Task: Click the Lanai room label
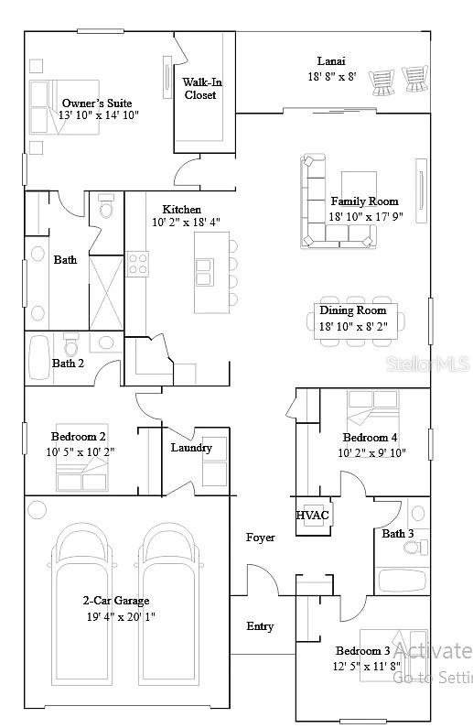(x=331, y=61)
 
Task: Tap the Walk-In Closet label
(x=202, y=88)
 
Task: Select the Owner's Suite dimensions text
(x=98, y=116)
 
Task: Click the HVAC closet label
(x=312, y=516)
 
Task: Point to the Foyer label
(x=261, y=538)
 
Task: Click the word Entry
(x=260, y=626)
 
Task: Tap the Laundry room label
(x=191, y=448)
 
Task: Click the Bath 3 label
(x=398, y=534)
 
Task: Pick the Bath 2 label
(x=68, y=364)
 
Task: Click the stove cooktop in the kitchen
(x=137, y=264)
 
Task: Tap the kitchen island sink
(x=203, y=272)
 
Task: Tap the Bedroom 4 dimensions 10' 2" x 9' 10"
(x=371, y=452)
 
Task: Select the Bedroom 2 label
(x=78, y=437)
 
